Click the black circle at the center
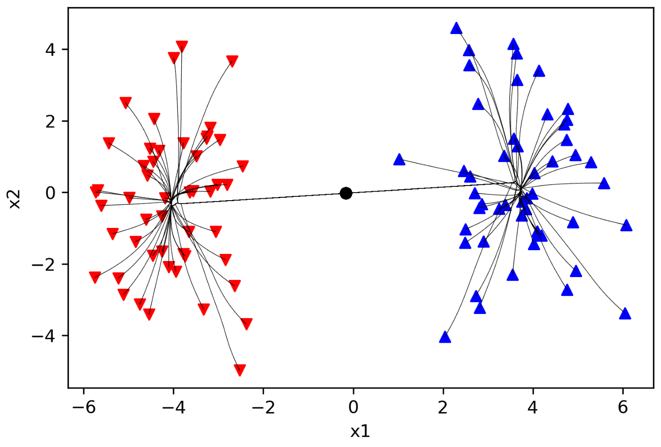click(x=346, y=193)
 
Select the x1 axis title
click(x=360, y=431)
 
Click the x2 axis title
click(x=15, y=200)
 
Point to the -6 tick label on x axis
click(x=84, y=407)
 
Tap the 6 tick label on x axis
click(x=623, y=407)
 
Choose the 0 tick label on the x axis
click(x=353, y=407)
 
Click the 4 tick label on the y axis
click(x=50, y=49)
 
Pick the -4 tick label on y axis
click(x=43, y=336)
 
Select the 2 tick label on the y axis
click(x=50, y=121)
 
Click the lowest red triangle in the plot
click(x=240, y=370)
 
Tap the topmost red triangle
click(x=182, y=46)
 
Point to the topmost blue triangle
click(x=456, y=28)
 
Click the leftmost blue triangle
click(x=399, y=160)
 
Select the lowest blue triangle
click(x=445, y=337)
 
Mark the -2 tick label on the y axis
click(x=43, y=264)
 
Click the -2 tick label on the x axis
click(x=263, y=407)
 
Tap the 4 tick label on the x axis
click(x=533, y=407)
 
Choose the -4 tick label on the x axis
click(x=174, y=407)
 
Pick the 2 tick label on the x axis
click(x=443, y=407)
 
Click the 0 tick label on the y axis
click(x=50, y=193)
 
